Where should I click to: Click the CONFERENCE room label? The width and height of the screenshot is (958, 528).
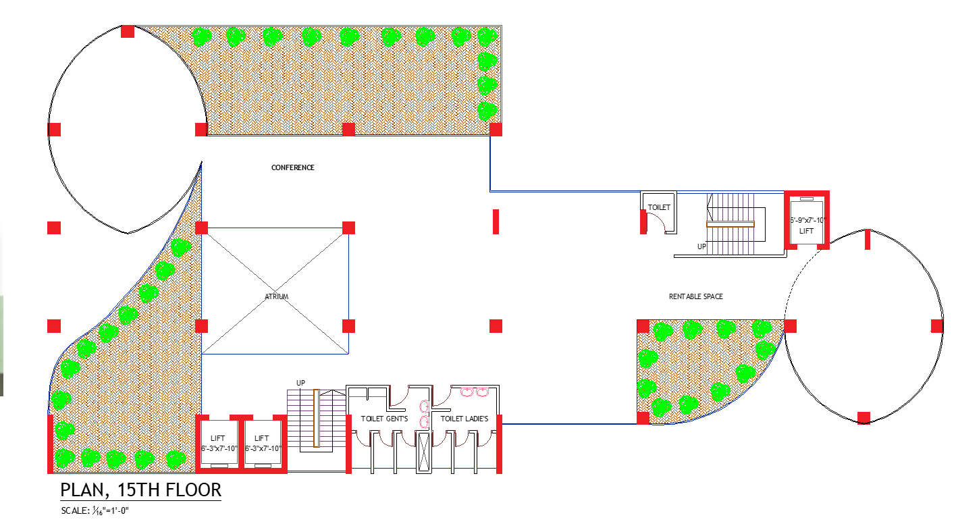[x=292, y=167]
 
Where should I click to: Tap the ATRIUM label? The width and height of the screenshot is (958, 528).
[x=275, y=296]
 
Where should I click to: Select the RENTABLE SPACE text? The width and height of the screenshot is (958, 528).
[x=695, y=296]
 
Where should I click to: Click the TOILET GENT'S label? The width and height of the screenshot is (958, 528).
[x=384, y=419]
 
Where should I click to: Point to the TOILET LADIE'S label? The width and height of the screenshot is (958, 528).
[x=464, y=419]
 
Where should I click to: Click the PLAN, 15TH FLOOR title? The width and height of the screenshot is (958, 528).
[x=140, y=490]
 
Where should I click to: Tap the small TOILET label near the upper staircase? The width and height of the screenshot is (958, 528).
[x=658, y=207]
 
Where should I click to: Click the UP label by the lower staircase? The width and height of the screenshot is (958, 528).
[x=300, y=383]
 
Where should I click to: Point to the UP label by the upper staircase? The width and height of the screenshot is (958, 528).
[x=701, y=246]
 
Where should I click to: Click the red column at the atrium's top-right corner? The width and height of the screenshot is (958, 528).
[x=348, y=228]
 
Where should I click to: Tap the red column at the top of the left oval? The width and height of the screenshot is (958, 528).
[x=128, y=32]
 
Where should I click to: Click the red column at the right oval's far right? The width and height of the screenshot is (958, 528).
[x=937, y=326]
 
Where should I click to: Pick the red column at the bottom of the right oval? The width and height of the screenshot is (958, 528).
[x=863, y=417]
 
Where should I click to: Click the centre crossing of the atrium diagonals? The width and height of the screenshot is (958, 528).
[x=275, y=291]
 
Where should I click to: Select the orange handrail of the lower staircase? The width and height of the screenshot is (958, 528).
[x=316, y=418]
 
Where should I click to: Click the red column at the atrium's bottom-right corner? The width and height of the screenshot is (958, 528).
[x=348, y=326]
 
